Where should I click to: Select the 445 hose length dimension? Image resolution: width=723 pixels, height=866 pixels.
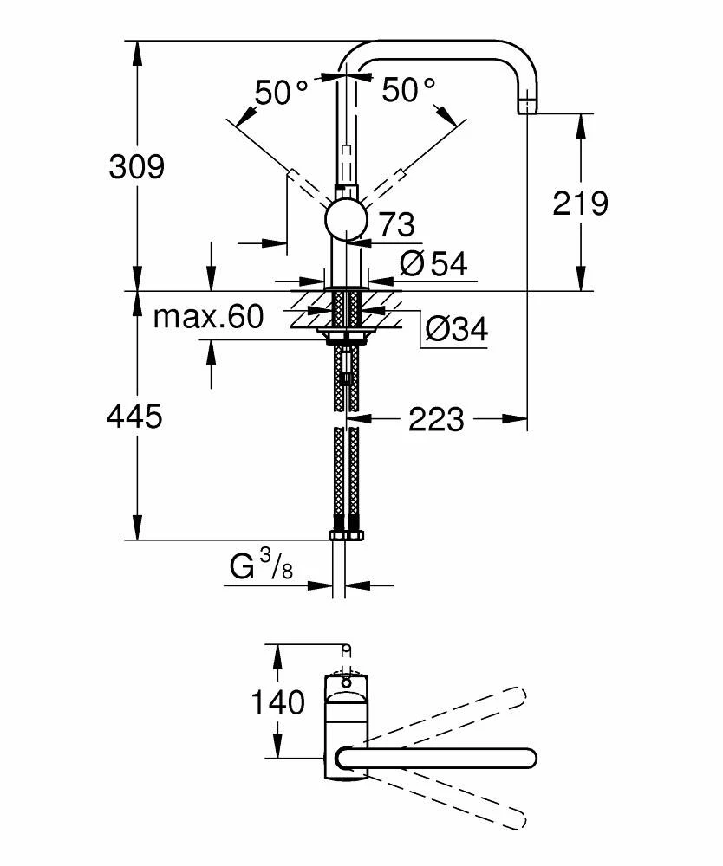tap(134, 417)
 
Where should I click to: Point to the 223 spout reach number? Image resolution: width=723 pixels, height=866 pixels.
tap(436, 420)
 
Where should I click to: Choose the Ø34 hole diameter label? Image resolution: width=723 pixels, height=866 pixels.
tap(457, 329)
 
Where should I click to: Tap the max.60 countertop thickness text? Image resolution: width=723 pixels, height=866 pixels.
tap(208, 317)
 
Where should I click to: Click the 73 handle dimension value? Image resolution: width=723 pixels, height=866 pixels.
tap(396, 225)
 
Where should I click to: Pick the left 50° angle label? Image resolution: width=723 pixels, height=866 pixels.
tap(282, 91)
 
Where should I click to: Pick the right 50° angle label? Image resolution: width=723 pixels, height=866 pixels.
tap(409, 89)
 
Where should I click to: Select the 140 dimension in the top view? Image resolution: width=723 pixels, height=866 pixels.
tap(278, 702)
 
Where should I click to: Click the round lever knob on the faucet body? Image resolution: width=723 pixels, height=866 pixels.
tap(347, 218)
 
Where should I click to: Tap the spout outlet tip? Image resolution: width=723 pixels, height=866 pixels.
tap(527, 107)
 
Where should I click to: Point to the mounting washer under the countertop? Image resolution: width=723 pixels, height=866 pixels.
tap(347, 333)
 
